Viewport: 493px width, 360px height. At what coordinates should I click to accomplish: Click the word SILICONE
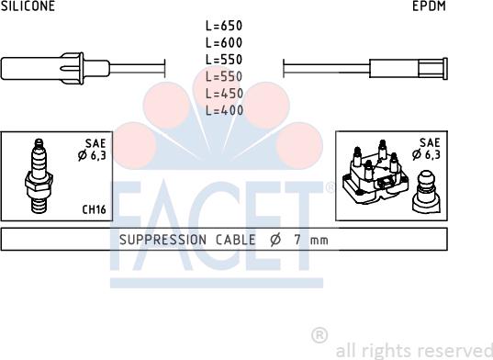pos(28,6)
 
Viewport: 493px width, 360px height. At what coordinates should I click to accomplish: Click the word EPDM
pos(429,6)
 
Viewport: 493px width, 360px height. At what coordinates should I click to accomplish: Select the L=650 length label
pos(224,26)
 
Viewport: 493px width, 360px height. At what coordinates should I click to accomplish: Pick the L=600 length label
pos(224,42)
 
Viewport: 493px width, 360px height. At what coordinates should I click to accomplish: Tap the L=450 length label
pos(225,94)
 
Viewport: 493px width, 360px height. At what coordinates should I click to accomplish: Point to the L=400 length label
pos(225,110)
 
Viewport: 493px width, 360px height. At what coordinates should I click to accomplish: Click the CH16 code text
pos(94,209)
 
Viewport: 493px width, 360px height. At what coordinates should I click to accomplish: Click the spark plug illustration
pos(39,176)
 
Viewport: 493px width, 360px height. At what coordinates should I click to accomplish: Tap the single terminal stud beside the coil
pos(426,191)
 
